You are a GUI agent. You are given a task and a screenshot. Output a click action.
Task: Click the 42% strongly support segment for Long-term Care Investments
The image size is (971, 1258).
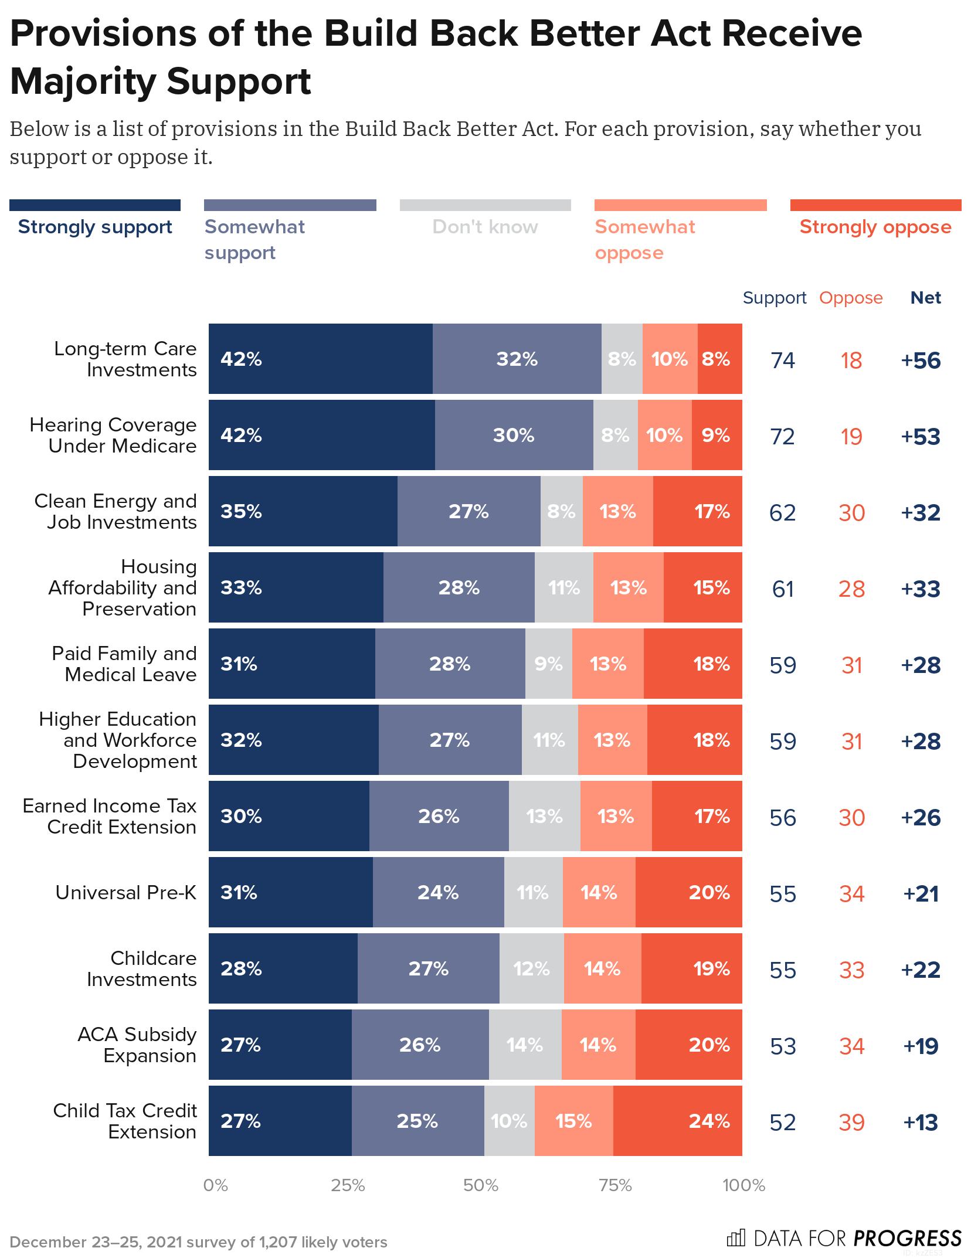320,359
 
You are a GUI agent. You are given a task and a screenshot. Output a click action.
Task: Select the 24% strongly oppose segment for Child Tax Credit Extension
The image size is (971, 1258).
677,1121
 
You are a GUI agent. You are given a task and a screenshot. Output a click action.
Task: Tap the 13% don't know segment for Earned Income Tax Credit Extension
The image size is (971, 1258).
544,816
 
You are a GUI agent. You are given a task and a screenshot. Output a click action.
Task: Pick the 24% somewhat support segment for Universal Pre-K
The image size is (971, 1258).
438,892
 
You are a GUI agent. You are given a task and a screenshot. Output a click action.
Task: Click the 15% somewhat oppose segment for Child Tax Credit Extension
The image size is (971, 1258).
573,1121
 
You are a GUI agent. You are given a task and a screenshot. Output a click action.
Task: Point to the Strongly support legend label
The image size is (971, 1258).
95,227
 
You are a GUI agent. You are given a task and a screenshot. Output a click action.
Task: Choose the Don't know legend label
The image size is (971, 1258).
485,227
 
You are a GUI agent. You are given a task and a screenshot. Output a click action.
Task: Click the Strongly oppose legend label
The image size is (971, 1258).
875,227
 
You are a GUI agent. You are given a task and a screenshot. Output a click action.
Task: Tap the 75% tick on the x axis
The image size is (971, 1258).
615,1185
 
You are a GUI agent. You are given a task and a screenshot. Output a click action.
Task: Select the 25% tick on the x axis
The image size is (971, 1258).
348,1185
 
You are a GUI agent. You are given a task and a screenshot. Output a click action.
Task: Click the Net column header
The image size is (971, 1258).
925,298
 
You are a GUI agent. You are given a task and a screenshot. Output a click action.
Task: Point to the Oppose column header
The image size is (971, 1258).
850,298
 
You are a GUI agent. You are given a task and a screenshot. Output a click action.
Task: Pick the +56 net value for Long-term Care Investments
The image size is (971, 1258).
921,361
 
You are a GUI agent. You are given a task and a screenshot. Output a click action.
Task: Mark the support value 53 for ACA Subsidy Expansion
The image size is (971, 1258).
783,1046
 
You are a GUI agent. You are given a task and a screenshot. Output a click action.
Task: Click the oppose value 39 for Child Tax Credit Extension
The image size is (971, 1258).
851,1123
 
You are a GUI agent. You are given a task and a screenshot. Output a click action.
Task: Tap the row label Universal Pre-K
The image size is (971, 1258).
125,892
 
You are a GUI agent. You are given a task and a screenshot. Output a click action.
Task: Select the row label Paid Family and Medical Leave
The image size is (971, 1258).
124,664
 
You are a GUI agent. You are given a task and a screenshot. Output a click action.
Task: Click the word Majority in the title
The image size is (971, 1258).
83,81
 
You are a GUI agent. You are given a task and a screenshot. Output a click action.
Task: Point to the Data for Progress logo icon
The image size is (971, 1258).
735,1238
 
